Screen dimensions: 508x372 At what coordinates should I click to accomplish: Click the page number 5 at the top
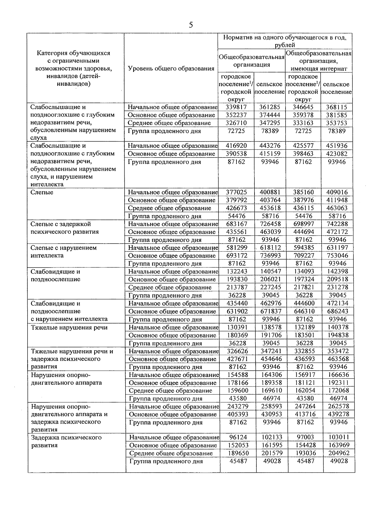191,25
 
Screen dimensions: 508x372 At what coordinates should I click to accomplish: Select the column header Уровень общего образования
171,68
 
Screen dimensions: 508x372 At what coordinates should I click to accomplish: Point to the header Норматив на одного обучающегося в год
285,41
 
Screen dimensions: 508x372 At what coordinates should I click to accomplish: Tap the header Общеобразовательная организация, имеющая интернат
318,61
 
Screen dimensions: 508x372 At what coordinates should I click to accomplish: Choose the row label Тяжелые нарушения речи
69,328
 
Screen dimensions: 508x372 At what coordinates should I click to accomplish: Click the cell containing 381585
337,115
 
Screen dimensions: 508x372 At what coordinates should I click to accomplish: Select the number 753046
337,256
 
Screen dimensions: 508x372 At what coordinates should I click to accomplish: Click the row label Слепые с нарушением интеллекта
64,252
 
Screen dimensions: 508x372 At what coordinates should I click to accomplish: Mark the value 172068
338,391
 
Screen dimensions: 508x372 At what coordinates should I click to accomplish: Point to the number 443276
270,146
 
